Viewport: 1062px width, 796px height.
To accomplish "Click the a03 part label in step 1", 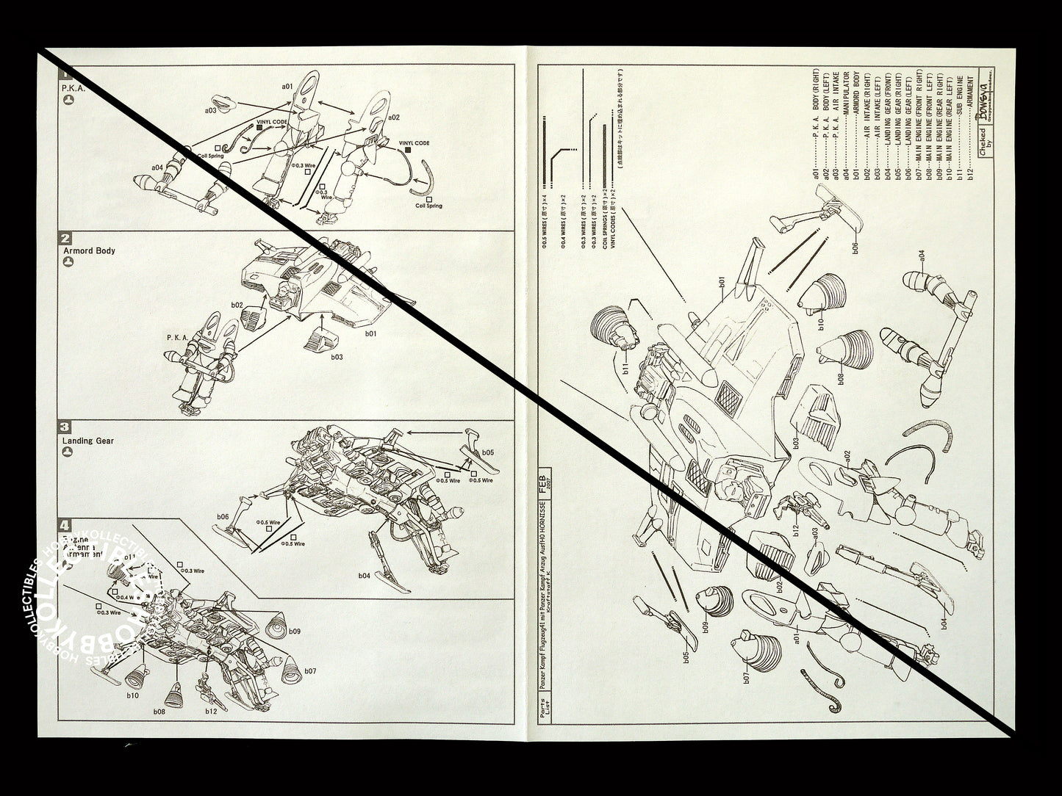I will pyautogui.click(x=210, y=110).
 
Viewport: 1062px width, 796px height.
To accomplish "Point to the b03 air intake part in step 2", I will pyautogui.click(x=320, y=339).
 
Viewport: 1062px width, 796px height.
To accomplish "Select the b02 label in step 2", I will pyautogui.click(x=237, y=303).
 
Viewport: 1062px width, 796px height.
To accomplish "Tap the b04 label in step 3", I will pyautogui.click(x=365, y=576).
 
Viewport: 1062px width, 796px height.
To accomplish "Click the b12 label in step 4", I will pyautogui.click(x=212, y=711).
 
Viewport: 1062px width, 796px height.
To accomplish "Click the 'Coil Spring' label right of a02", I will pyautogui.click(x=429, y=206).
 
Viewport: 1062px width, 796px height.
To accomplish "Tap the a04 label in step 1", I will pyautogui.click(x=157, y=167).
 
